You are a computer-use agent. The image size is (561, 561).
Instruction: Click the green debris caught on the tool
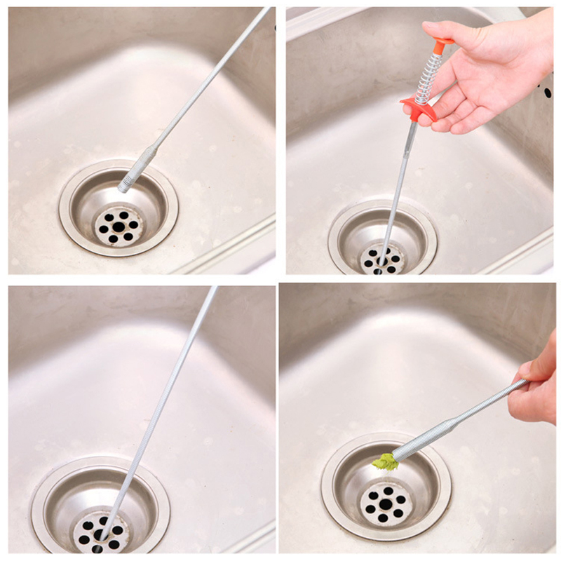(x=384, y=461)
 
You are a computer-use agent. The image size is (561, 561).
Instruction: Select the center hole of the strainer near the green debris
(x=384, y=503)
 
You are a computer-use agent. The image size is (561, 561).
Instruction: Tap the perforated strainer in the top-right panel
(x=382, y=259)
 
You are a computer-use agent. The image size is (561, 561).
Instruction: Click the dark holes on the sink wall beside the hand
(x=547, y=91)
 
